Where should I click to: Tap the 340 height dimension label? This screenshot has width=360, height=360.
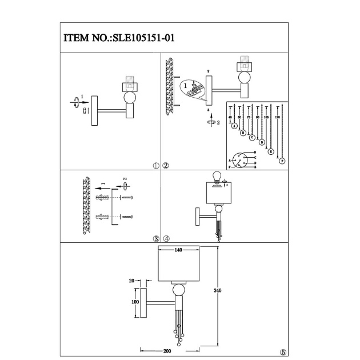pos(217,291)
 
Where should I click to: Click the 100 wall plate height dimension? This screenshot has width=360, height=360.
pos(135,301)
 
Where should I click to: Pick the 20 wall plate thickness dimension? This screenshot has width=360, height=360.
pos(132,281)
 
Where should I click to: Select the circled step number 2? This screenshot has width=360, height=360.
pos(166,166)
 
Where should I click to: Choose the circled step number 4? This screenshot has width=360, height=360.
pos(166,238)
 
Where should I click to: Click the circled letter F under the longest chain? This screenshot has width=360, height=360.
pos(282,162)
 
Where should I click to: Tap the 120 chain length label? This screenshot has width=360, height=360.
pos(278,116)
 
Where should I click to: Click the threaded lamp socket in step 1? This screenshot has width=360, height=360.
pos(129,86)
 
